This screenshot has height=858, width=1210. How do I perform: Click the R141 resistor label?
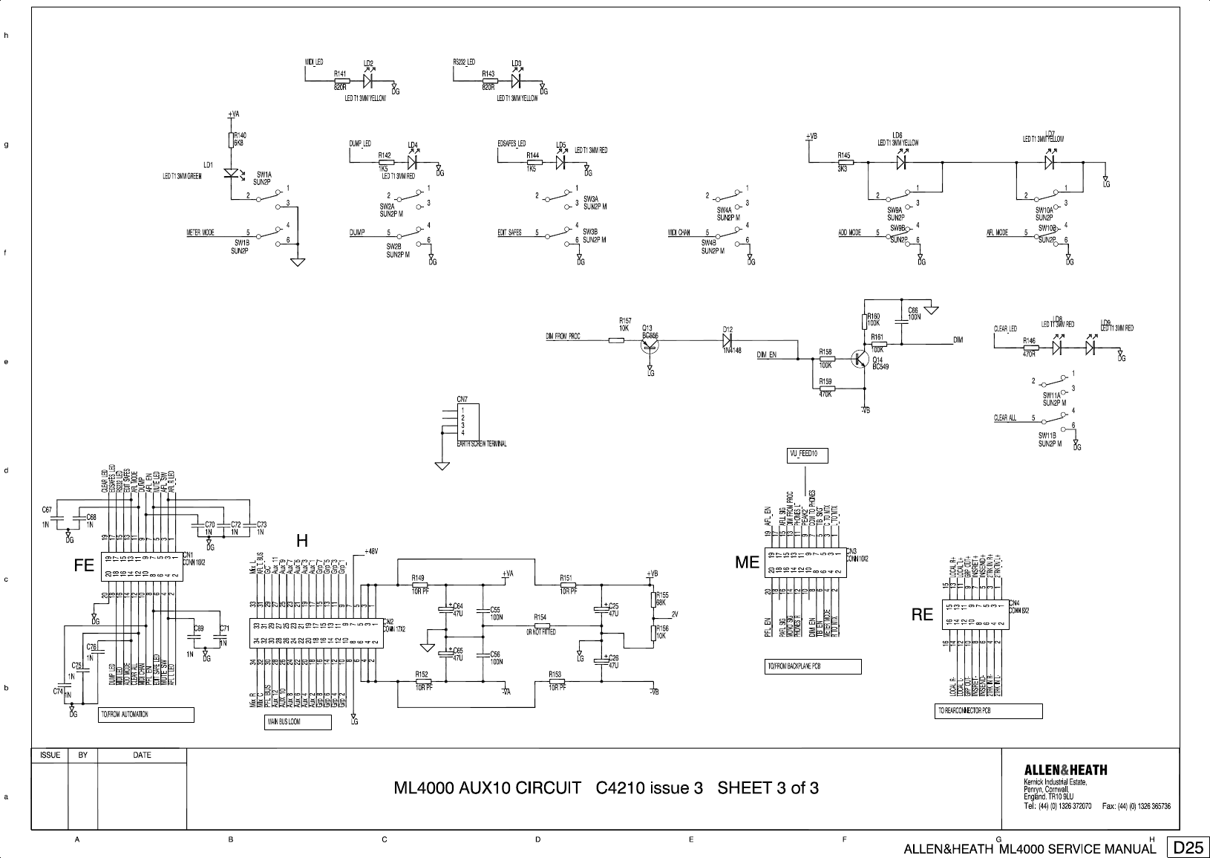341,74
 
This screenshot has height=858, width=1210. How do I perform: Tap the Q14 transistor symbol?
860,359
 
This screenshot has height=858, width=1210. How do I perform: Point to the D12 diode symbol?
728,339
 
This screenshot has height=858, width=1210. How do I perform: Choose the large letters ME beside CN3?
747,563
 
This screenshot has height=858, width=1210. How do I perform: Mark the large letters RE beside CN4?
922,614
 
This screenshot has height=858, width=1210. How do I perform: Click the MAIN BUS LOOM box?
298,721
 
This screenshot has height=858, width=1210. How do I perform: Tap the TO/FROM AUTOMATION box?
146,715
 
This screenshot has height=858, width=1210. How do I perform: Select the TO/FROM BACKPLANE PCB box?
812,666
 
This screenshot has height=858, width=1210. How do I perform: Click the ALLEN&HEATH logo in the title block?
1065,770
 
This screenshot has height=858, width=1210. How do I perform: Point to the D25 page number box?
1188,848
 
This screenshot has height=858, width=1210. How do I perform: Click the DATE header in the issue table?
142,755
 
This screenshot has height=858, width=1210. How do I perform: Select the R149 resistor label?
418,577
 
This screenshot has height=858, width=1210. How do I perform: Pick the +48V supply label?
371,551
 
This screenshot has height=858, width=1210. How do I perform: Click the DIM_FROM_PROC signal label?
563,337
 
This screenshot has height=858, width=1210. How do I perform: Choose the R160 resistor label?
873,316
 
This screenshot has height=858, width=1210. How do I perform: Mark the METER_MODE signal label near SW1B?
200,233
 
